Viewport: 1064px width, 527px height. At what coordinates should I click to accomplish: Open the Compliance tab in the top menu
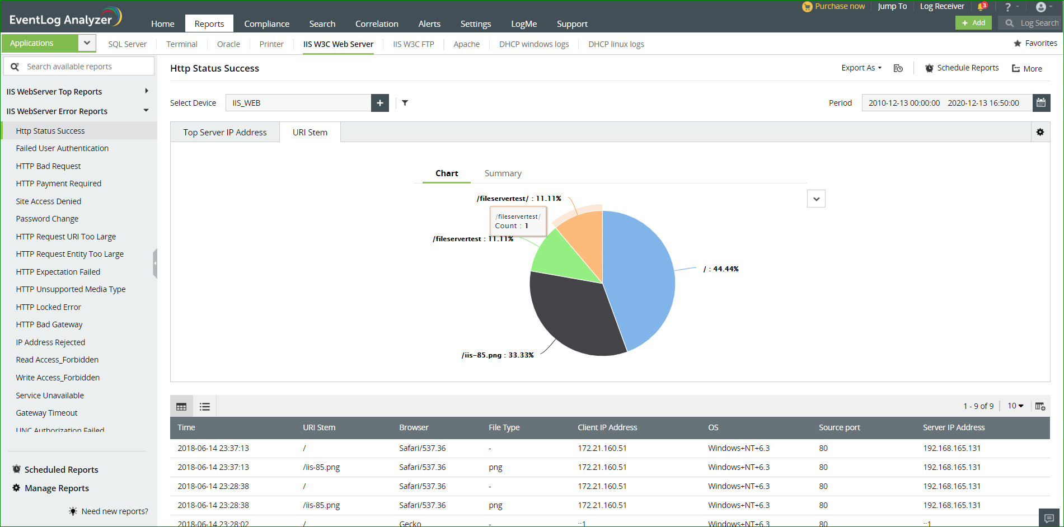pyautogui.click(x=266, y=23)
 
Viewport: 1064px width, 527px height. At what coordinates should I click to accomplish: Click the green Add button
pyautogui.click(x=973, y=23)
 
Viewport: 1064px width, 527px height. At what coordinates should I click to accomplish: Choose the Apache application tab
pyautogui.click(x=466, y=44)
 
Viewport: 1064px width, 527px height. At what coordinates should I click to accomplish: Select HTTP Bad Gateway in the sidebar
pyautogui.click(x=49, y=324)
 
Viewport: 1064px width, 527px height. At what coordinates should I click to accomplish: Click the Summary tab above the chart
pyautogui.click(x=503, y=173)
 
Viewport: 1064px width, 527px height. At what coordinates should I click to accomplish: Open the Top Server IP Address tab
pyautogui.click(x=225, y=133)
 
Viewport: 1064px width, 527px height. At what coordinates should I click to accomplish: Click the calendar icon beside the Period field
pyautogui.click(x=1041, y=103)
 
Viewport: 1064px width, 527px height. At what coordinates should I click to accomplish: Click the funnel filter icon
pyautogui.click(x=405, y=103)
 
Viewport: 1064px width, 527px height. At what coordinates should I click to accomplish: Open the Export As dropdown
pyautogui.click(x=861, y=68)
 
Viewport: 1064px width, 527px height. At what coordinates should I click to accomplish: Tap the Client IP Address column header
pyautogui.click(x=607, y=427)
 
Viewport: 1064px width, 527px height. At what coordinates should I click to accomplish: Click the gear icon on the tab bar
pyautogui.click(x=1040, y=132)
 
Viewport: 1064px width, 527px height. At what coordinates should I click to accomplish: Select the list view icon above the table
pyautogui.click(x=205, y=407)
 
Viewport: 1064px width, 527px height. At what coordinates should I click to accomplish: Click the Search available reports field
pyautogui.click(x=84, y=67)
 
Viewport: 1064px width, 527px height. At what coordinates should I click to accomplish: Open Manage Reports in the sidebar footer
pyautogui.click(x=57, y=488)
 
